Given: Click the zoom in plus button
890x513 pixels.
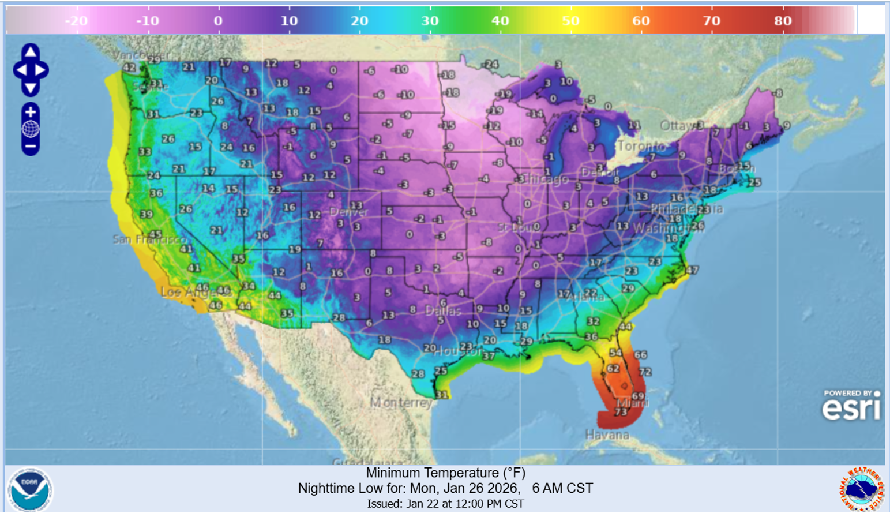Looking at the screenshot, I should [31, 112].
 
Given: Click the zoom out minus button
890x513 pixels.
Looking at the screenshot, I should [31, 146].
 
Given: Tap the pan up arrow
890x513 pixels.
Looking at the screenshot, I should [31, 53].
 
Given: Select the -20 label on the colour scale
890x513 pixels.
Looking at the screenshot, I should [76, 21].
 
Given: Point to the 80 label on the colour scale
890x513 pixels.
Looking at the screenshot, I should [783, 21].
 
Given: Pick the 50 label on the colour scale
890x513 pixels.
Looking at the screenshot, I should [570, 21].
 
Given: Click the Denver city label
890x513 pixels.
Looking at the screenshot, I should [349, 212].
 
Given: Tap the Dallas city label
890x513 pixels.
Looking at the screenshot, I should [443, 310].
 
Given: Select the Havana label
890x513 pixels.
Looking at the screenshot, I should [607, 435].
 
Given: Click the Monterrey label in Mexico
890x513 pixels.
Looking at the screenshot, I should [401, 402].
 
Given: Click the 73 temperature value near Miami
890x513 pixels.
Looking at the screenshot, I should [621, 411].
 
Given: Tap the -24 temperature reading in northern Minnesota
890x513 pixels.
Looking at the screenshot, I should [491, 64].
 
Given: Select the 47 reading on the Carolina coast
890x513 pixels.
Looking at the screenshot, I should [692, 269].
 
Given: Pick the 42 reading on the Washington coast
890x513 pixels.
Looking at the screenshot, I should [129, 68].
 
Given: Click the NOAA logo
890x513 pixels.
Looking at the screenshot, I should [30, 489].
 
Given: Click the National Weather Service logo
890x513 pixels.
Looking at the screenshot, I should [861, 489].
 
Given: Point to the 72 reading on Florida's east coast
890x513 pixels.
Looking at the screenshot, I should [645, 372].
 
